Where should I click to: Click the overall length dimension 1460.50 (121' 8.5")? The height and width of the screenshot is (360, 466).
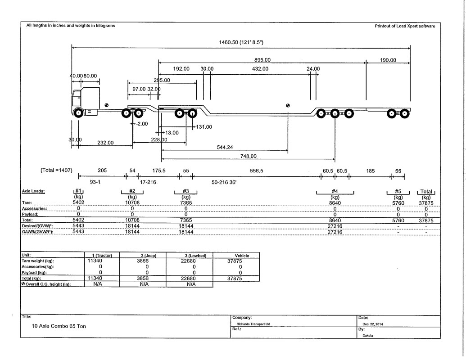(x=241, y=42)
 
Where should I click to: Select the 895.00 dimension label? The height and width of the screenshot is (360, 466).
(x=262, y=60)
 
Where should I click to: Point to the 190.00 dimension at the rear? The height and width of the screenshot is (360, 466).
(x=388, y=60)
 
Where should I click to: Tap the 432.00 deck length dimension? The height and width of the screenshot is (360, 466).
(x=260, y=69)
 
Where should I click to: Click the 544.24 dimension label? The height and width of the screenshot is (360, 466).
(x=225, y=147)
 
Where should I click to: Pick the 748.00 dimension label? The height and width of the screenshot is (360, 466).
(x=248, y=156)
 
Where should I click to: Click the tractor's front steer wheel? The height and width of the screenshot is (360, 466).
(x=78, y=113)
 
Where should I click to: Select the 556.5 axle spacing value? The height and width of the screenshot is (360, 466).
(x=257, y=171)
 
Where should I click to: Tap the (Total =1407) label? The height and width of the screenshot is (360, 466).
(x=56, y=170)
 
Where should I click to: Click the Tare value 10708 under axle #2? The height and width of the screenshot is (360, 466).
(x=132, y=202)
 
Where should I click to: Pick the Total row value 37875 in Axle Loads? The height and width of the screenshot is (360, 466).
(x=426, y=220)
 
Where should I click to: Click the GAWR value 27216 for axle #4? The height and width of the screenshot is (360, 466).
(x=335, y=232)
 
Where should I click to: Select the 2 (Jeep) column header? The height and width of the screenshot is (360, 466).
(x=149, y=256)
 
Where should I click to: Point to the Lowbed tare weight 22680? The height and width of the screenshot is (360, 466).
(x=194, y=261)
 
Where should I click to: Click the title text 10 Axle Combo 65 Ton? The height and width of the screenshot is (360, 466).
(x=59, y=326)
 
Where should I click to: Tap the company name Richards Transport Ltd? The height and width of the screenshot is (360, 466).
(x=253, y=324)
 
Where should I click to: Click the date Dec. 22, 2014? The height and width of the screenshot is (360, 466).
(x=373, y=324)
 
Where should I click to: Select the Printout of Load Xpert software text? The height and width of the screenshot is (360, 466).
(x=405, y=26)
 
